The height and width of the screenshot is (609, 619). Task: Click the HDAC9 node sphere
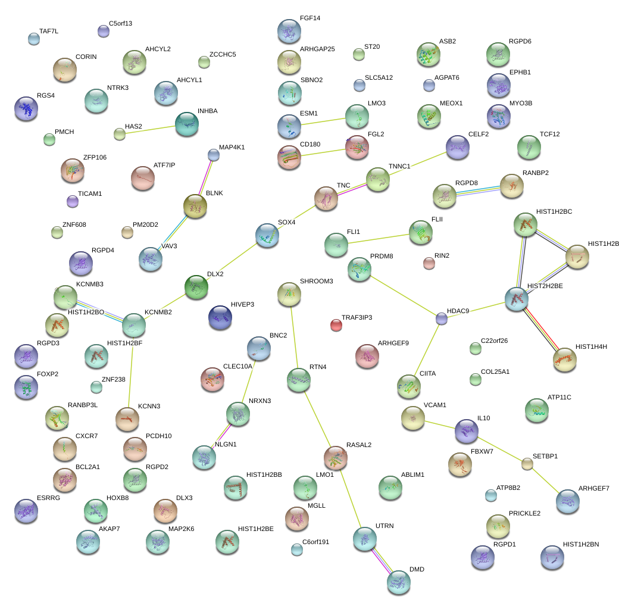coord(441,318)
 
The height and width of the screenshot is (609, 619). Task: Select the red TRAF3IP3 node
coord(336,324)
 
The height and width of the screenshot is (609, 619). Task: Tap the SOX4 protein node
coord(267,235)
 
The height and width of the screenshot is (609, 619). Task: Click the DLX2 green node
coord(196,287)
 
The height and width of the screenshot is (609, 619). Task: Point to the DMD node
coord(398,582)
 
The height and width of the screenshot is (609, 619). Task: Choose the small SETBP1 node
coord(527,463)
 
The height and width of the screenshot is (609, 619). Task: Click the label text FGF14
coord(310,18)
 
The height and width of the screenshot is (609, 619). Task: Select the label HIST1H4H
coord(590,346)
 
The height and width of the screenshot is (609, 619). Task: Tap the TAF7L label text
coord(49,31)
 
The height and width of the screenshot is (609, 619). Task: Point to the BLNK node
coord(195,206)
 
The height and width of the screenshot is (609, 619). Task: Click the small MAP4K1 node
coord(213,155)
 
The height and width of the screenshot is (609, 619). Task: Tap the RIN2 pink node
coord(429,263)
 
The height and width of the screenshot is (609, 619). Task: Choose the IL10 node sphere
coord(466,431)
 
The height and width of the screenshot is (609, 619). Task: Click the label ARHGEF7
coord(593,489)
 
